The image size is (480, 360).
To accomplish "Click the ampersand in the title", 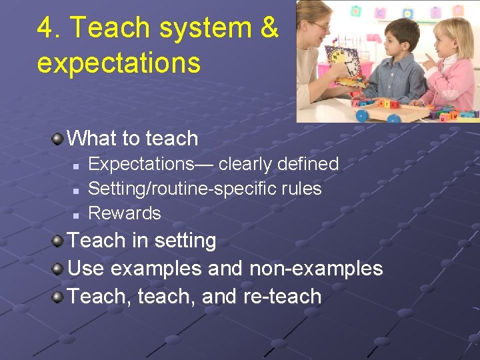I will pos(268,28).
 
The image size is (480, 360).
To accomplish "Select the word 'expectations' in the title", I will pos(119,63).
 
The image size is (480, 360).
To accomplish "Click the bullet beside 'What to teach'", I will pos(59,138).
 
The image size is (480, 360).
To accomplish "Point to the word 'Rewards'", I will pos(125,213).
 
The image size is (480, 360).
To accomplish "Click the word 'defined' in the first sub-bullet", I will pos(306,164).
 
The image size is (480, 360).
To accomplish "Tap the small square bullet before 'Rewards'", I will pos(77,215).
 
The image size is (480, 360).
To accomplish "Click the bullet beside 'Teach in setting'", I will pos(59,240).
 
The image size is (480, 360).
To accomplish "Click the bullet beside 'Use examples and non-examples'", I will pos(59,269).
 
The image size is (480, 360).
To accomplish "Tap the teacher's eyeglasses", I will pos(321,26).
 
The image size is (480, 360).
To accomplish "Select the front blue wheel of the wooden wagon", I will pos(362,115).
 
